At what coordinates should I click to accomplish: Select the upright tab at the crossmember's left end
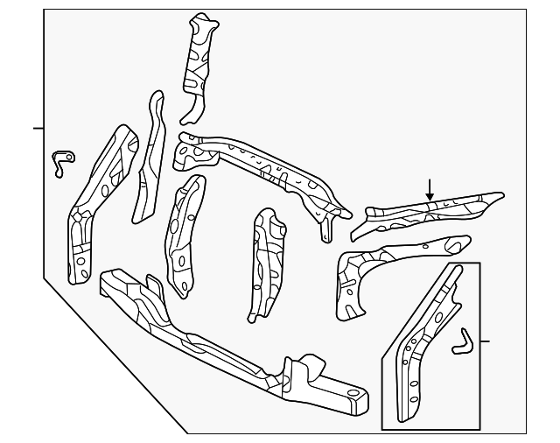(x=152, y=284)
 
